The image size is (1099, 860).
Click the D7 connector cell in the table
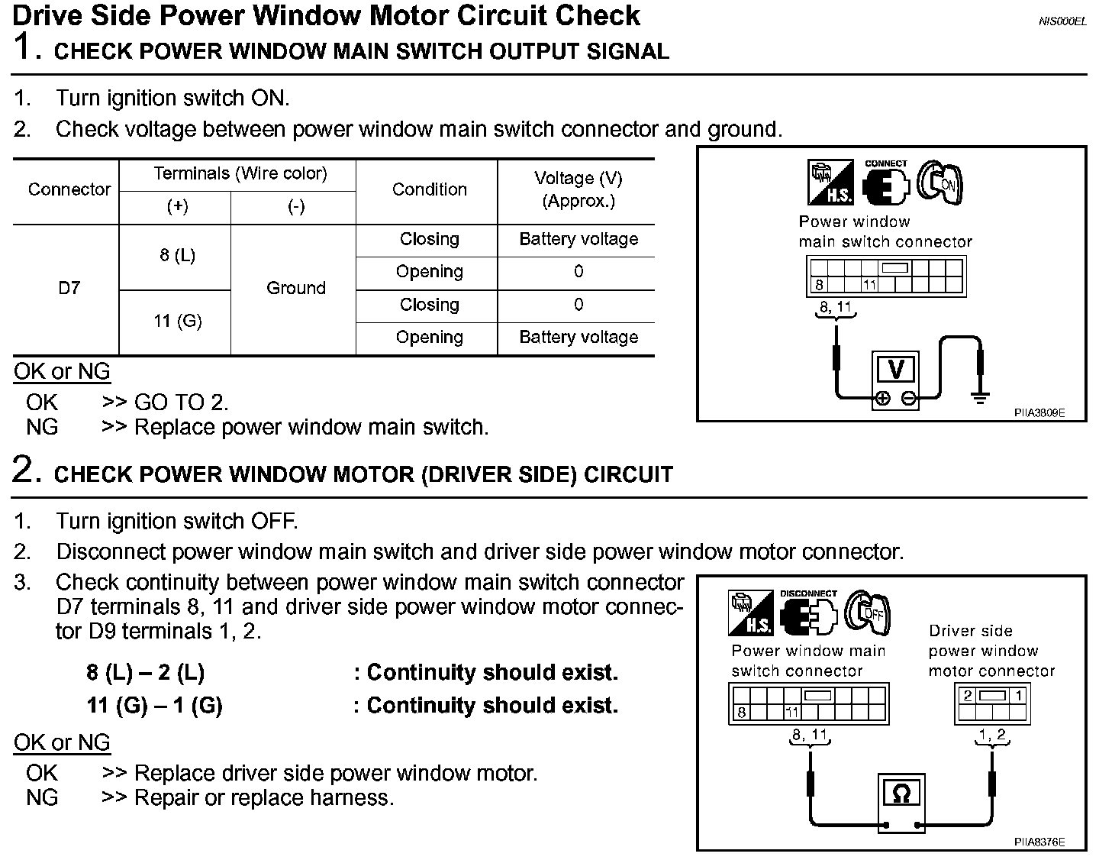tap(69, 288)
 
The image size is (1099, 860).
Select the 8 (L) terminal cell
tap(177, 256)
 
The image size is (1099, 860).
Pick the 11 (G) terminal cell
tap(177, 321)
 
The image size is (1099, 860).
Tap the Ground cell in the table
tap(295, 288)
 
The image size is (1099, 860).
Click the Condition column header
tap(429, 189)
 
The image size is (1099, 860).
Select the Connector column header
tap(69, 189)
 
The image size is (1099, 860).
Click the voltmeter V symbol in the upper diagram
tap(896, 370)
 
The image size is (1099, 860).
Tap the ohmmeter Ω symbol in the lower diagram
tap(901, 794)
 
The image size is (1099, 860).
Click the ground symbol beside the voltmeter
tap(981, 397)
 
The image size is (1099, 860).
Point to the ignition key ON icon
tap(939, 183)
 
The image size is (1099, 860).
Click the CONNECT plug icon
tap(885, 184)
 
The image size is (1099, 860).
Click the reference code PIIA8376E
tap(1039, 842)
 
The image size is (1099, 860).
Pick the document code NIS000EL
tap(1062, 21)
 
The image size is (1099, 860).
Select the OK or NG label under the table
tap(62, 372)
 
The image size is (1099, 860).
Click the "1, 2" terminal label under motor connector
tap(992, 735)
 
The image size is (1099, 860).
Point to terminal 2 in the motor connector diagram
tap(968, 696)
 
